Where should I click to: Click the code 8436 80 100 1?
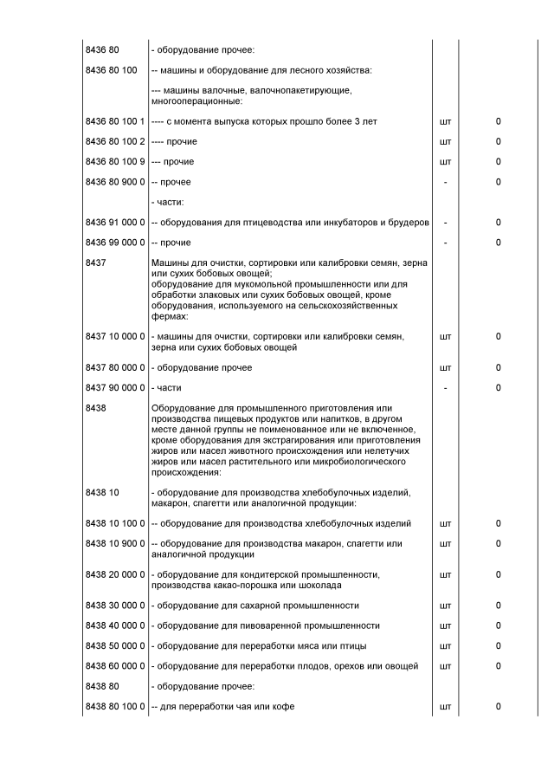pyautogui.click(x=115, y=121)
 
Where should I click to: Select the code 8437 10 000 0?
pyautogui.click(x=115, y=336)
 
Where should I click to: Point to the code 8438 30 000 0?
pyautogui.click(x=115, y=606)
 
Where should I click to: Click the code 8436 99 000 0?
pyautogui.click(x=115, y=243)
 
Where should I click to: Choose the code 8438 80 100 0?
pyautogui.click(x=115, y=707)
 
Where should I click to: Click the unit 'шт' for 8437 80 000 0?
pyautogui.click(x=445, y=368)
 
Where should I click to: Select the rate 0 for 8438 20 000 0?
pyautogui.click(x=499, y=574)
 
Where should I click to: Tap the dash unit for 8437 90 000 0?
pyautogui.click(x=445, y=388)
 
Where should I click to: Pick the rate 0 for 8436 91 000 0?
pyautogui.click(x=499, y=223)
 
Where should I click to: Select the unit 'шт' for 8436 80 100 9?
pyautogui.click(x=445, y=162)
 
